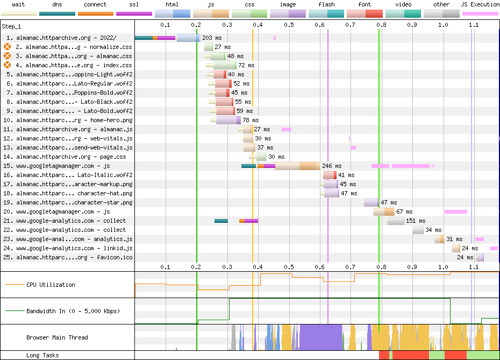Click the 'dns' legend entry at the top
click(x=57, y=4)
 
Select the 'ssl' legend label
click(x=134, y=4)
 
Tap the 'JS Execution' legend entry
click(x=480, y=4)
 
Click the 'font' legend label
click(x=364, y=4)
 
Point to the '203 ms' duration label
click(x=211, y=38)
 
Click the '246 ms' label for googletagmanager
click(x=332, y=166)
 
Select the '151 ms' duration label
click(x=416, y=221)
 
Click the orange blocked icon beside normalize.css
click(x=8, y=47)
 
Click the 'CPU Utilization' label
click(x=51, y=285)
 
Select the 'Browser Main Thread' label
click(x=57, y=338)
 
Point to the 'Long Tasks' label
click(x=42, y=356)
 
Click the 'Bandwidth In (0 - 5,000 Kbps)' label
click(x=73, y=311)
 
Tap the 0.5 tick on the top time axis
click(x=289, y=25)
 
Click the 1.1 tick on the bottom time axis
click(x=474, y=267)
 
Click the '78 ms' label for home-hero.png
click(x=251, y=121)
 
